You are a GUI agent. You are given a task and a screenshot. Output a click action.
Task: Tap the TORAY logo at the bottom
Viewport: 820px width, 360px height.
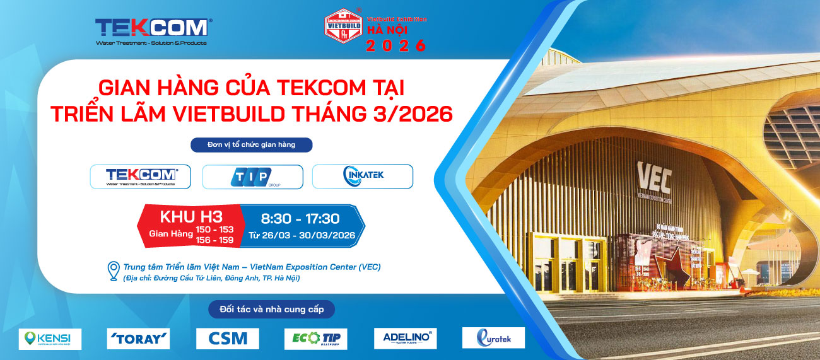[138, 339]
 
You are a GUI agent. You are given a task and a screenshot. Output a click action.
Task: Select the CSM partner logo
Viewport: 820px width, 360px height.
[227, 339]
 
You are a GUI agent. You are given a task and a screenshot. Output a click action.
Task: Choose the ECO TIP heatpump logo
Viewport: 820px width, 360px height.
[315, 339]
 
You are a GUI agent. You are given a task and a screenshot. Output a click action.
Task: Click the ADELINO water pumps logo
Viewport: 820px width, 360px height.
[405, 339]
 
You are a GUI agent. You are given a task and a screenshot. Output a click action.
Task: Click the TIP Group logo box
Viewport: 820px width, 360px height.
[252, 177]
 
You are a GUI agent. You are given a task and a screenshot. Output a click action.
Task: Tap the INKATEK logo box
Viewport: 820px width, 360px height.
[363, 177]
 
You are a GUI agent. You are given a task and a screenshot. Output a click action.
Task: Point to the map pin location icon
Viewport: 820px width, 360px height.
[114, 271]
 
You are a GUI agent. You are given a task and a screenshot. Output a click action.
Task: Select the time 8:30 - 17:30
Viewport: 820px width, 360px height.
[300, 219]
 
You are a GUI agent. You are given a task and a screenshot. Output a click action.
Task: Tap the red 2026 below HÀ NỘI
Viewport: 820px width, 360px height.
[396, 45]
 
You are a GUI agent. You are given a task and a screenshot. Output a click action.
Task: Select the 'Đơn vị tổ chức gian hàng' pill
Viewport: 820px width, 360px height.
[252, 145]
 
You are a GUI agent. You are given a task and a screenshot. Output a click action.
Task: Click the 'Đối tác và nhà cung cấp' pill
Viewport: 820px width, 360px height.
[271, 310]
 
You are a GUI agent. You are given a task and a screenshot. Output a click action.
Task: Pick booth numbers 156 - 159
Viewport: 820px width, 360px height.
[214, 240]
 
